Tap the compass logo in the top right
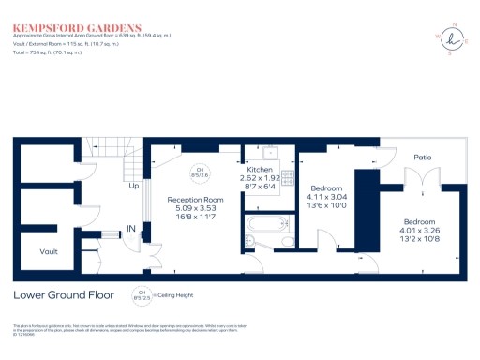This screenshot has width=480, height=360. pyautogui.click(x=454, y=38)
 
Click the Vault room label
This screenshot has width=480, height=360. pyautogui.click(x=50, y=251)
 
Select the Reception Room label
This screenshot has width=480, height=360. pyautogui.click(x=194, y=200)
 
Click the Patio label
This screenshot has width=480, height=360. pyautogui.click(x=423, y=171)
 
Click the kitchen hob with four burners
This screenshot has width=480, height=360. pyautogui.click(x=289, y=176)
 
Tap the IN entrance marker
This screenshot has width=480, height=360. pyautogui.click(x=132, y=229)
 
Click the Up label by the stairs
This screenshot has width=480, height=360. pyautogui.click(x=135, y=186)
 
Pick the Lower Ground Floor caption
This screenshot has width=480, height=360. pyautogui.click(x=64, y=295)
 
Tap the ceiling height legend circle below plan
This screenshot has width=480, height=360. pyautogui.click(x=142, y=296)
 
